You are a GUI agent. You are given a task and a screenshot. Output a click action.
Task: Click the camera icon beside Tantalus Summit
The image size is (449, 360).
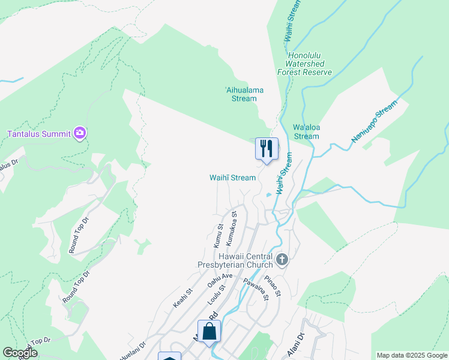point(80,133)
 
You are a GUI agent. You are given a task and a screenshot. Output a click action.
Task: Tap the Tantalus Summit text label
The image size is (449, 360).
point(39,133)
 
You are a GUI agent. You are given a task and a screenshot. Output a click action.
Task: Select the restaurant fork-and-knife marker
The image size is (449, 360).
point(267,148)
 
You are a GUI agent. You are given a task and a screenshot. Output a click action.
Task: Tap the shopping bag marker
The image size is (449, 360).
point(209,332)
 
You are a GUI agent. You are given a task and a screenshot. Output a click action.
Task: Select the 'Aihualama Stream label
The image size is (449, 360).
point(244,94)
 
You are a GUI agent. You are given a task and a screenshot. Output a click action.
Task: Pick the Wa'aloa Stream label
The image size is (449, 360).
point(306,132)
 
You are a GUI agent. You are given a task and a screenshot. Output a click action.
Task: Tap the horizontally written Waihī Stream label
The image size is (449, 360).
point(232,178)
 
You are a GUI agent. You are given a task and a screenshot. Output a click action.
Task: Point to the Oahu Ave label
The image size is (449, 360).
point(220,280)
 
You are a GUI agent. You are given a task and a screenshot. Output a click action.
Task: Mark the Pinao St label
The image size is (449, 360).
point(273,286)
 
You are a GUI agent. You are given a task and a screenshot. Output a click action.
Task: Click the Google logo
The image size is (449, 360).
point(20,353)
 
